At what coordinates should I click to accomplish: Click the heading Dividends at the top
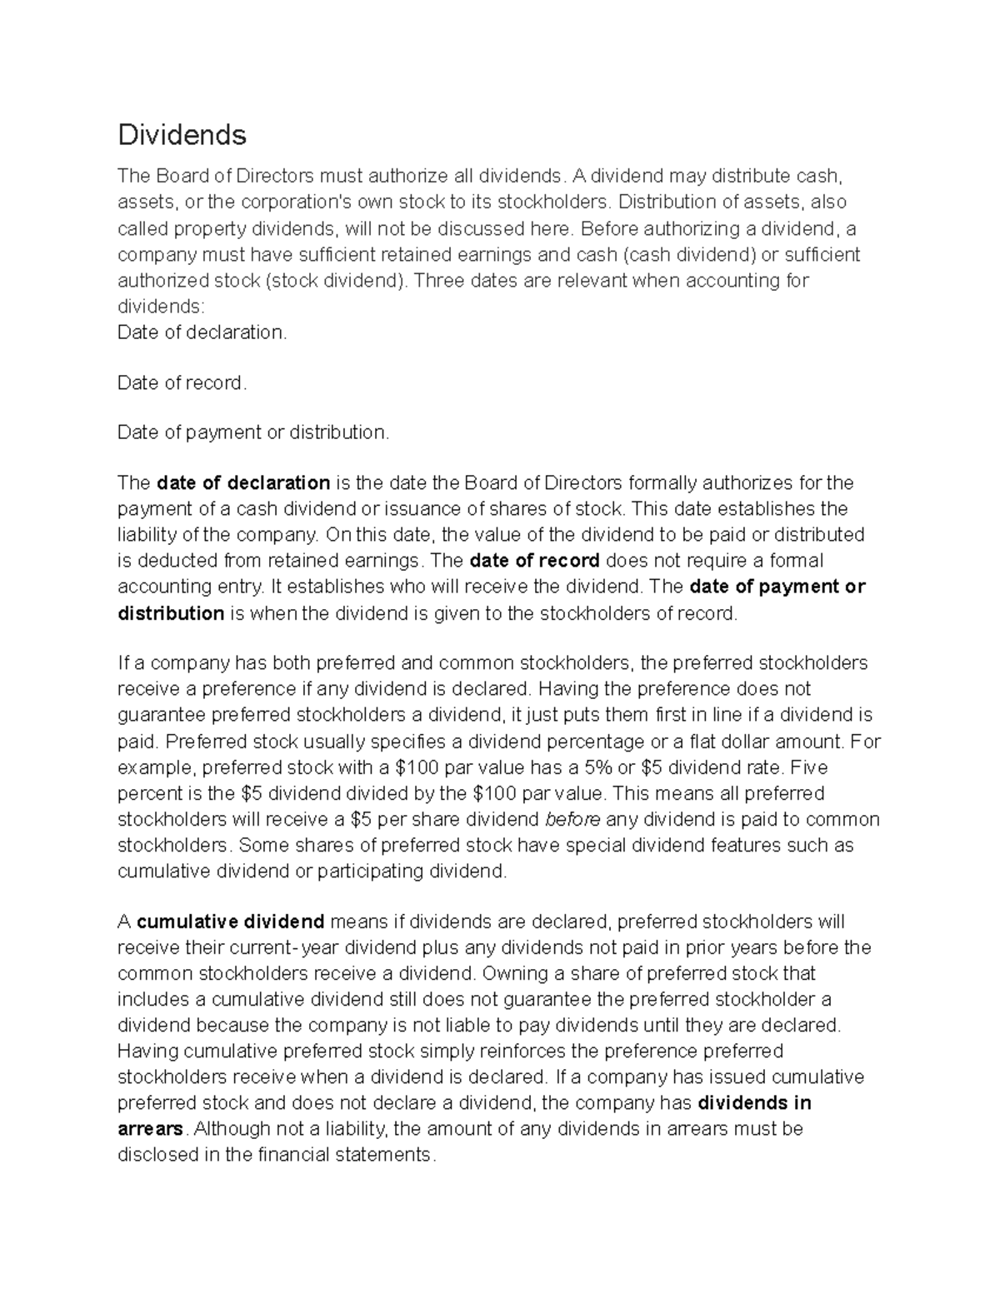tap(182, 134)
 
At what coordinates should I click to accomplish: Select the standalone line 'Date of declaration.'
tap(202, 332)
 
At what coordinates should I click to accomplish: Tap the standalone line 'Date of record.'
tap(182, 383)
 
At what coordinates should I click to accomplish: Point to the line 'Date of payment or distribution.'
tap(253, 432)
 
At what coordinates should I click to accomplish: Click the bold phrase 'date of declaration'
tap(243, 483)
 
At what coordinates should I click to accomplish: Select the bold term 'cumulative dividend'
tap(230, 922)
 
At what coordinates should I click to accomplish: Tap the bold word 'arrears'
tap(150, 1129)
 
